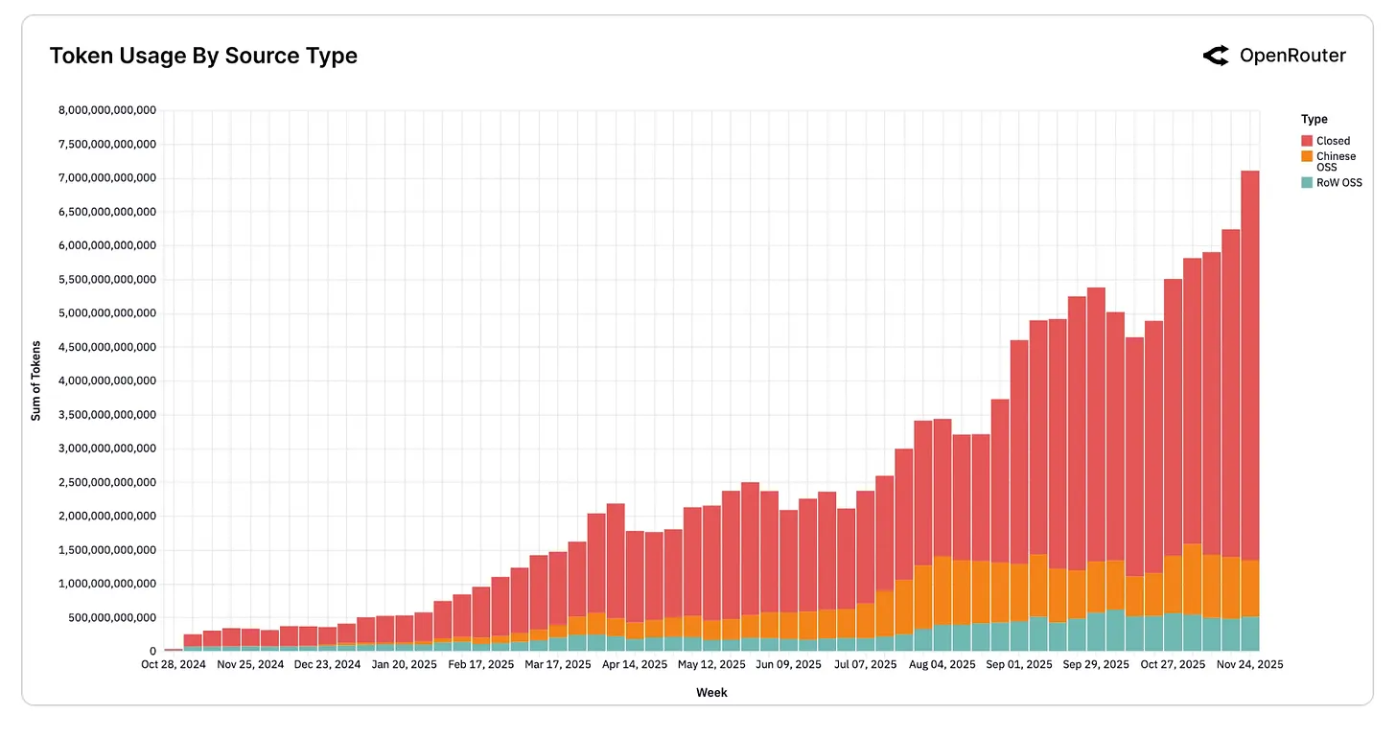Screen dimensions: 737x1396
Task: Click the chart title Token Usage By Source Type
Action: pyautogui.click(x=203, y=57)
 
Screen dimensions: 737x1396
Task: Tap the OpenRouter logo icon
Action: pyautogui.click(x=1216, y=57)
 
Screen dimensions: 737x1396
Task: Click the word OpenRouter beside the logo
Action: pyautogui.click(x=1292, y=57)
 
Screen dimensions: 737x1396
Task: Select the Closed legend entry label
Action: pyautogui.click(x=1333, y=141)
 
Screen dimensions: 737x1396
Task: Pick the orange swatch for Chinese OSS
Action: pyautogui.click(x=1307, y=156)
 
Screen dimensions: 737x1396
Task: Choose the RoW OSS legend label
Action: pyautogui.click(x=1338, y=183)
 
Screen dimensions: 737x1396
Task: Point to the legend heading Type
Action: pyautogui.click(x=1314, y=119)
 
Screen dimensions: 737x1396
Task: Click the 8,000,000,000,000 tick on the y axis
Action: pyautogui.click(x=107, y=110)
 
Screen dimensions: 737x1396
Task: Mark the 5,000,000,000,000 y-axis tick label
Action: pyautogui.click(x=107, y=313)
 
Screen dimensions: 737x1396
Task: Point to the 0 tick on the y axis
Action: pyautogui.click(x=152, y=652)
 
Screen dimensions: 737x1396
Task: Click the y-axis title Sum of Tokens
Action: pyautogui.click(x=36, y=380)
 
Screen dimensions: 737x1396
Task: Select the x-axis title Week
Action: pyautogui.click(x=711, y=692)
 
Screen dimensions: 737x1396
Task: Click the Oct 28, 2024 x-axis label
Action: pyautogui.click(x=174, y=664)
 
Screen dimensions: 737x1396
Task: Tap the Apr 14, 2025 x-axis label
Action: pyautogui.click(x=634, y=664)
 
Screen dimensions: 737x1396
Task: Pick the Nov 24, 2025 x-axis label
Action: pyautogui.click(x=1249, y=664)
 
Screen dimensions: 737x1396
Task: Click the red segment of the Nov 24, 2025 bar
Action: pyautogui.click(x=1249, y=364)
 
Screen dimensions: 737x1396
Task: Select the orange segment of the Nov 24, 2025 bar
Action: pyautogui.click(x=1249, y=588)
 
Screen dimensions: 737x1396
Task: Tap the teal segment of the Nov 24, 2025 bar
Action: pyautogui.click(x=1249, y=633)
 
